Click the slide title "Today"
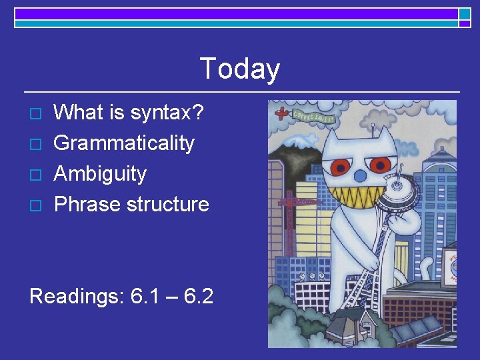click(x=239, y=69)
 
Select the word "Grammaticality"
click(x=124, y=143)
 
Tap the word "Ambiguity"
click(x=100, y=173)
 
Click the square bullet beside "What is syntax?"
click(x=37, y=113)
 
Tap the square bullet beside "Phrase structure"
click(x=37, y=205)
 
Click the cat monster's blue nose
click(x=359, y=175)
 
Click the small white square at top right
click(x=465, y=13)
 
